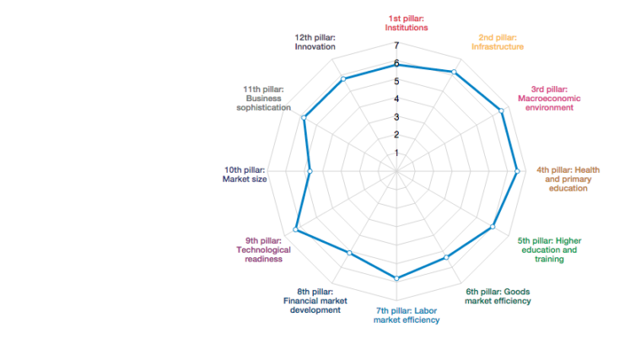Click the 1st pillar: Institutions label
(407, 23)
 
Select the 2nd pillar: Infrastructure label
(498, 42)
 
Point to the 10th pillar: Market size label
(245, 174)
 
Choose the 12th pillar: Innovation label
(315, 42)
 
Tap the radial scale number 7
(396, 46)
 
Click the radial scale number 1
(396, 153)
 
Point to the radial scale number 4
(396, 99)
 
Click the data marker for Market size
(310, 171)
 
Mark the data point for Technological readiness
(296, 229)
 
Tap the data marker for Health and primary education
(516, 171)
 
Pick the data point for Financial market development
(349, 253)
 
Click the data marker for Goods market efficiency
(446, 257)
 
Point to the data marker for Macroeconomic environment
(503, 110)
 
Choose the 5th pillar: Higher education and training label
(549, 250)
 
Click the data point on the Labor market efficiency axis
(396, 277)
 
